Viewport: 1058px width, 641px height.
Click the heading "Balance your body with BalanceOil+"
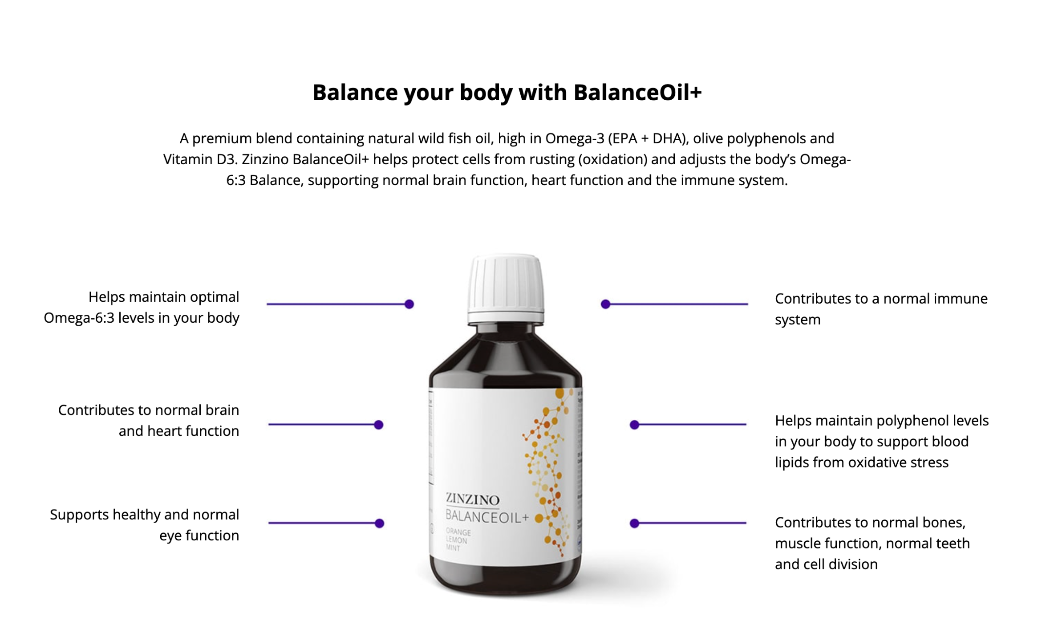point(507,93)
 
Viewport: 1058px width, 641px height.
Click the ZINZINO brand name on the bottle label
point(472,499)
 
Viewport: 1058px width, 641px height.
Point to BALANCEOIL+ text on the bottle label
point(486,516)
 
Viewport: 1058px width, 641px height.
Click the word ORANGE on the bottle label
point(458,532)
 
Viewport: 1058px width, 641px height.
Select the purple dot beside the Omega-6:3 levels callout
point(409,304)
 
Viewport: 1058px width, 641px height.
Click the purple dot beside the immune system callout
point(605,304)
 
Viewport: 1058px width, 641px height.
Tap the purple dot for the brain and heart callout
point(378,425)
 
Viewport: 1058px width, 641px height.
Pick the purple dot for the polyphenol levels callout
point(634,425)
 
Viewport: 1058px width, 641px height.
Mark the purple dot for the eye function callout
point(379,523)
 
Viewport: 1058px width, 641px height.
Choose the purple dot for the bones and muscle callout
point(634,523)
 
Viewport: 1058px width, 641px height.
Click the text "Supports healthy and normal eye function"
point(145,525)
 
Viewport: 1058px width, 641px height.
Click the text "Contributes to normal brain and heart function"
point(149,420)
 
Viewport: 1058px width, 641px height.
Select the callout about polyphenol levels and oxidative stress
point(881,441)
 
